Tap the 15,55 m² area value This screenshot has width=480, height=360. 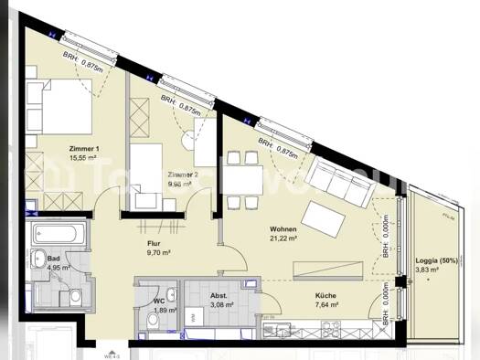tap(85, 157)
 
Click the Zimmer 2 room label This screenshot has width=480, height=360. tap(184, 175)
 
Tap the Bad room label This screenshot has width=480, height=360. tap(54, 258)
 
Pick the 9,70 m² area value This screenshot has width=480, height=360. tap(159, 255)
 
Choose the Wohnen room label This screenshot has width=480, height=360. tap(282, 228)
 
